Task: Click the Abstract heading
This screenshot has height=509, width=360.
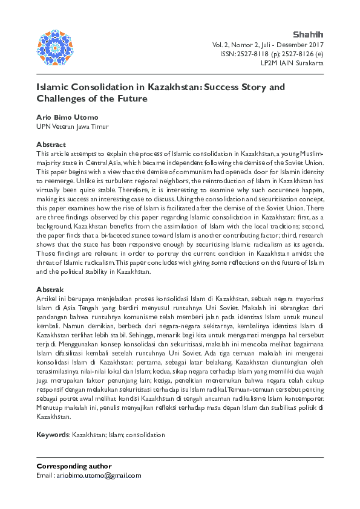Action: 51,144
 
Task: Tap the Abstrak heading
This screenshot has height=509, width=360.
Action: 50,290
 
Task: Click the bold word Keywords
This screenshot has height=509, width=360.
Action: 53,435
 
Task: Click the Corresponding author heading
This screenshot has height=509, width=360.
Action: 74,466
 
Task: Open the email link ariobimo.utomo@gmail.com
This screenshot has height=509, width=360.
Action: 99,476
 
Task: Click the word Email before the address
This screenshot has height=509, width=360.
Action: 45,476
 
